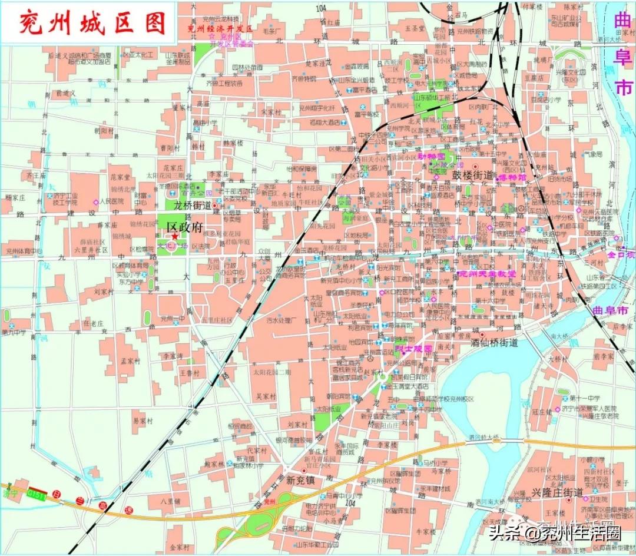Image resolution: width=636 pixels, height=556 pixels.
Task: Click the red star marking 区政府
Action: click(x=175, y=236)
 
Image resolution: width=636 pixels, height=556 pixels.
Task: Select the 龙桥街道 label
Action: click(x=193, y=206)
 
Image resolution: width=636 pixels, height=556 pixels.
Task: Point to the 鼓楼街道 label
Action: click(x=472, y=175)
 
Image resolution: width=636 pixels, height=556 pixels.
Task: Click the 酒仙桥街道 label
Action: click(x=495, y=342)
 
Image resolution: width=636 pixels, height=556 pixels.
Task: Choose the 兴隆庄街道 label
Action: click(x=556, y=492)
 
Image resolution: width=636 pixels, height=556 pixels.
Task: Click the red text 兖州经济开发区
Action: click(x=220, y=28)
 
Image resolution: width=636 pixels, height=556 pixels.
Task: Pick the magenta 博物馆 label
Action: click(x=511, y=177)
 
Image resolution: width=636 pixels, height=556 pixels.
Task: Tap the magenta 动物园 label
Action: click(x=429, y=157)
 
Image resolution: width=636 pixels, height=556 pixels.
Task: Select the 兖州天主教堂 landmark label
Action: click(x=486, y=273)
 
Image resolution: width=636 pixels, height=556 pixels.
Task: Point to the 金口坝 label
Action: click(x=622, y=255)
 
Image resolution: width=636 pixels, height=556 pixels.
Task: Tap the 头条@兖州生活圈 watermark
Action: click(x=554, y=533)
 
